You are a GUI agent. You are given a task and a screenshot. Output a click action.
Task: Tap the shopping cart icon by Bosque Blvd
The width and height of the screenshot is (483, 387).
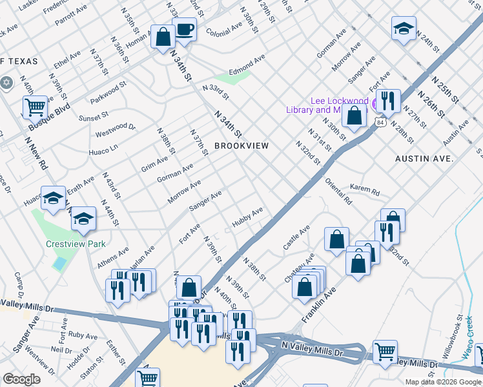pos(35,107)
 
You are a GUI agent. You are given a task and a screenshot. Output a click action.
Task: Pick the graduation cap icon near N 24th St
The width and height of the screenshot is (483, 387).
pos(404,29)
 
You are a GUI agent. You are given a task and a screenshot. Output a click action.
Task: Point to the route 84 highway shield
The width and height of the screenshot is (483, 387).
pos(382,123)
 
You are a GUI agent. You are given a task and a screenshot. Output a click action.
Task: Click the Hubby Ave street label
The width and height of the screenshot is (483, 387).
pos(248,216)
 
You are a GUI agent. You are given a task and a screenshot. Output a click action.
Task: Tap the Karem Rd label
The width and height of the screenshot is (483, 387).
pos(365,189)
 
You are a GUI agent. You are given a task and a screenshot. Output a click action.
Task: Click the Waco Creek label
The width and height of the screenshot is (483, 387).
pos(471,345)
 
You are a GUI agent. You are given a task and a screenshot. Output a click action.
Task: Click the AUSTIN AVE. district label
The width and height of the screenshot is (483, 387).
pos(425,158)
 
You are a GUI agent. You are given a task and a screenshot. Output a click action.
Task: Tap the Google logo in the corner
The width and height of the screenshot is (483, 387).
pos(21,379)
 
